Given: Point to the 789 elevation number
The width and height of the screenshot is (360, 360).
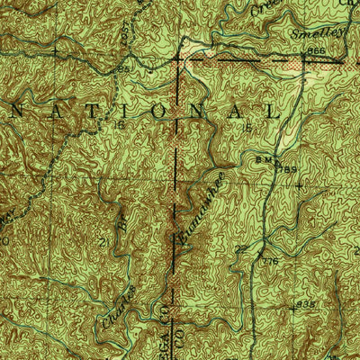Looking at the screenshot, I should [x=288, y=167].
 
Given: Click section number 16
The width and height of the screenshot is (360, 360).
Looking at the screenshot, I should [x=117, y=126].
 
